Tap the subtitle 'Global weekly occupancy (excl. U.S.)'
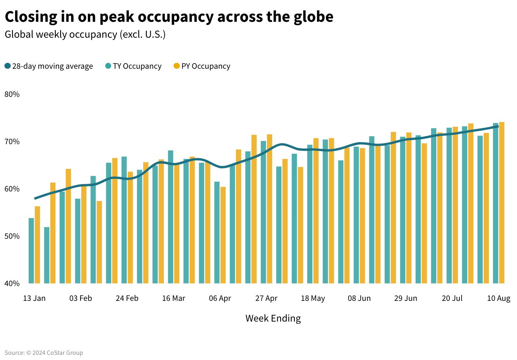[x=85, y=34]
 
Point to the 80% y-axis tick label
[x=12, y=94]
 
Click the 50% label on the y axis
[x=12, y=236]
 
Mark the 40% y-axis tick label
[x=12, y=283]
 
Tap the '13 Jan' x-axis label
[x=34, y=298]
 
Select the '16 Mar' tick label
[x=174, y=298]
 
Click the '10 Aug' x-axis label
[x=499, y=298]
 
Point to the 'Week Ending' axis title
[x=273, y=318]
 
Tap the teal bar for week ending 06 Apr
[x=217, y=232]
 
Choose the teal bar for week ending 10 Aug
[x=496, y=203]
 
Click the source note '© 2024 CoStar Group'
[x=55, y=353]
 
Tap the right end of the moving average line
[x=498, y=126]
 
